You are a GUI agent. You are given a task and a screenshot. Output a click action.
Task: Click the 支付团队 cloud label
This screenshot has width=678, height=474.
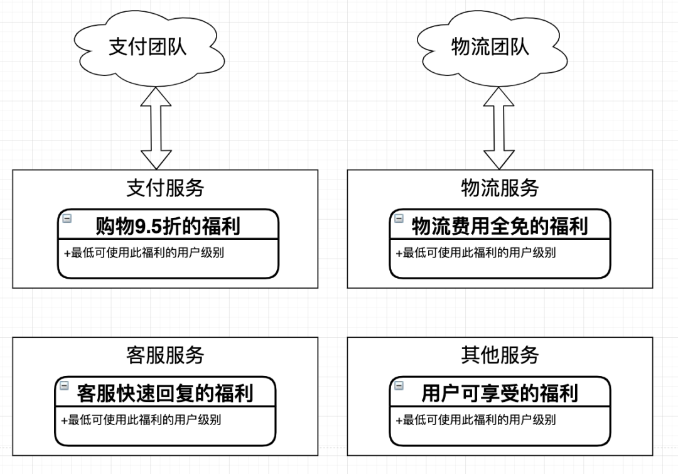(148, 46)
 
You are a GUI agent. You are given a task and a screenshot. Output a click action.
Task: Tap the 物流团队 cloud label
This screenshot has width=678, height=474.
(490, 46)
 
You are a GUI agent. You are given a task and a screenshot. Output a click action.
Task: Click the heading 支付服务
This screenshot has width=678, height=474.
(165, 188)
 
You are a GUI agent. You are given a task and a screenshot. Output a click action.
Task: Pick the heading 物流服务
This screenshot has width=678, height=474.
(500, 188)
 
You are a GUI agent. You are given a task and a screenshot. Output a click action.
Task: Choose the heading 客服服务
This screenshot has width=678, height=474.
(165, 355)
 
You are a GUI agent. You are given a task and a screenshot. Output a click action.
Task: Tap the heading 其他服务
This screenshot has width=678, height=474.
(500, 355)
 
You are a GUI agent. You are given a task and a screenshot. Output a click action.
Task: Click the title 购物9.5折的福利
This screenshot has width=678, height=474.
(168, 225)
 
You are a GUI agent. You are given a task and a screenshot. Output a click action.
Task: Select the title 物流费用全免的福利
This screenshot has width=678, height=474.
(500, 225)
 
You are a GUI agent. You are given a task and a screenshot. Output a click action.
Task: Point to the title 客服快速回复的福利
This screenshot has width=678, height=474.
(165, 393)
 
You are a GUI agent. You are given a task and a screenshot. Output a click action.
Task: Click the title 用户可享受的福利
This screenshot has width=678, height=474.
(500, 393)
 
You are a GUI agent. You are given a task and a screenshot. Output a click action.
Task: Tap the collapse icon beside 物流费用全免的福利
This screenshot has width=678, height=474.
(399, 218)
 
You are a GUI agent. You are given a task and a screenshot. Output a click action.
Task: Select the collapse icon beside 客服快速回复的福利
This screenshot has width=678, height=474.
(65, 385)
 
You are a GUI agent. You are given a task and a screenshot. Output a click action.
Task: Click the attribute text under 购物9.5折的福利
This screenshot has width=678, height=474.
(144, 253)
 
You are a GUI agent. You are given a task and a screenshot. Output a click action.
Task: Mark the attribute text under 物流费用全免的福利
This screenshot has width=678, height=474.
(476, 253)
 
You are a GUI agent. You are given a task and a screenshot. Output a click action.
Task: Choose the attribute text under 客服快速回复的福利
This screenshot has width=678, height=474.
(141, 420)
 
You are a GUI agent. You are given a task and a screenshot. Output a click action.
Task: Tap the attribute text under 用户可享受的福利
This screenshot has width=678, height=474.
(476, 420)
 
